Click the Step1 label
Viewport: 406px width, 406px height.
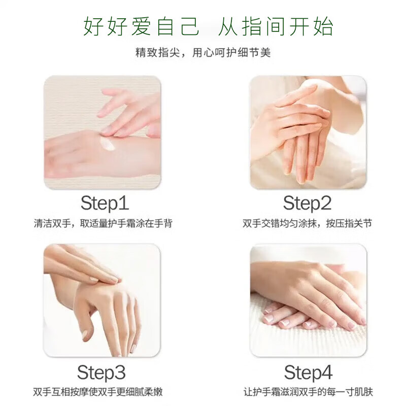pyautogui.click(x=105, y=203)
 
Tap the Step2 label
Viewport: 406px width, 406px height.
pyautogui.click(x=307, y=203)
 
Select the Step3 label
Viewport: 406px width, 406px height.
pyautogui.click(x=101, y=373)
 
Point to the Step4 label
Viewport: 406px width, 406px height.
pyautogui.click(x=308, y=373)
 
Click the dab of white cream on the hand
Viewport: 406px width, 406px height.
pyautogui.click(x=108, y=145)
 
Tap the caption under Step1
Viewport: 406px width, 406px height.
pyautogui.click(x=103, y=224)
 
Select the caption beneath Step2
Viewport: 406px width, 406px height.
pyautogui.click(x=307, y=224)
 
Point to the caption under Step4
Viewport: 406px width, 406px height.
pyautogui.click(x=308, y=392)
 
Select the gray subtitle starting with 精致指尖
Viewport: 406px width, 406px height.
pyautogui.click(x=203, y=53)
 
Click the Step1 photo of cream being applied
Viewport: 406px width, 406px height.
pyautogui.click(x=103, y=132)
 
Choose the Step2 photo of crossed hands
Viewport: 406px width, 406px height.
pyautogui.click(x=308, y=132)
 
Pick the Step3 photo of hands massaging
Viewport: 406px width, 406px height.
pyautogui.click(x=102, y=300)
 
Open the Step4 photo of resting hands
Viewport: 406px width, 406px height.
pyautogui.click(x=308, y=300)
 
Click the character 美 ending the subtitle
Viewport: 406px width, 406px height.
pyautogui.click(x=265, y=53)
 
